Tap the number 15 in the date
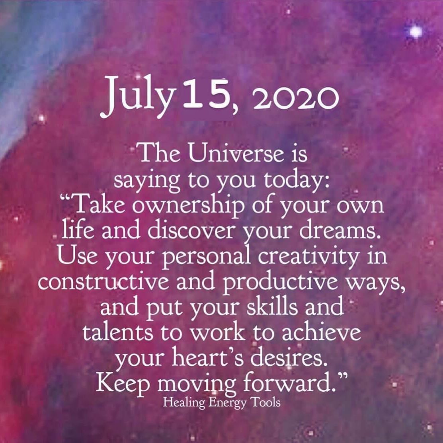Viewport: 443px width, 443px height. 206,94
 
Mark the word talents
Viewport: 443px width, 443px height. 118,332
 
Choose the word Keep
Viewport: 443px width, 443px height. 123,384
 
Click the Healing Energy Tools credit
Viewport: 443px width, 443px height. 221,403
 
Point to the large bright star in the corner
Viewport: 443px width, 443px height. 416,32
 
